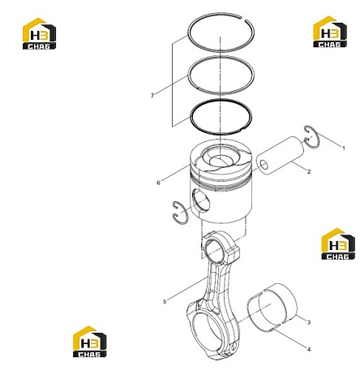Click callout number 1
(x=344, y=149)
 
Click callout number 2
(x=309, y=171)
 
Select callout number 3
(x=309, y=322)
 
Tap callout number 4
(x=309, y=349)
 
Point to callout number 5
(x=165, y=301)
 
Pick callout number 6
(x=158, y=183)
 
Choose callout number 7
(x=152, y=96)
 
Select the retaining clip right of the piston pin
(x=312, y=137)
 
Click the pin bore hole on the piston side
(x=200, y=200)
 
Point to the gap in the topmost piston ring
(x=243, y=19)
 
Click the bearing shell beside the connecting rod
(x=272, y=308)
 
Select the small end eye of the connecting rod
(x=216, y=249)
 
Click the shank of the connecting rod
(x=215, y=282)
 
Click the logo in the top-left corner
(x=39, y=33)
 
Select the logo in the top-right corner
(x=330, y=32)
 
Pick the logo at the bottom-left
(x=90, y=342)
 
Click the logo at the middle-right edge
(x=338, y=244)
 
